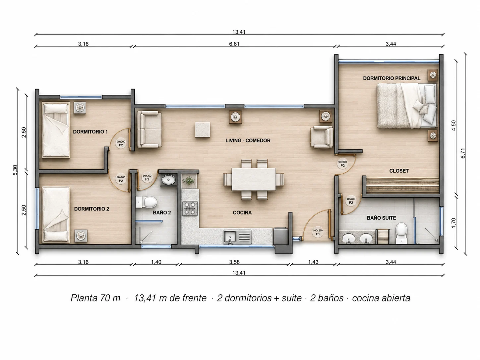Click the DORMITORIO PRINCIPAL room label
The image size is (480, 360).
pyautogui.click(x=391, y=78)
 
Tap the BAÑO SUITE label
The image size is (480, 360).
pyautogui.click(x=381, y=218)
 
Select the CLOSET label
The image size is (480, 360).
pyautogui.click(x=399, y=171)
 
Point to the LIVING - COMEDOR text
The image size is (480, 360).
pyautogui.click(x=248, y=141)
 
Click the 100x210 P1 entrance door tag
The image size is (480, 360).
pyautogui.click(x=318, y=232)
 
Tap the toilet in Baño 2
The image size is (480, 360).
pyautogui.click(x=146, y=202)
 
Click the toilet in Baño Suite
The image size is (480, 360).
pyautogui.click(x=401, y=233)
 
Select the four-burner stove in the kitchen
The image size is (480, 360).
pyautogui.click(x=190, y=209)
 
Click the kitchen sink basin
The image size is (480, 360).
pyautogui.click(x=230, y=237)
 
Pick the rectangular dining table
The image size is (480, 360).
pyautogui.click(x=254, y=179)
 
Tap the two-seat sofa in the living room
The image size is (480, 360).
pyautogui.click(x=150, y=129)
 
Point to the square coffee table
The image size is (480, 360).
pyautogui.click(x=203, y=130)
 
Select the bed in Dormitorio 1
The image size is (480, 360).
pyautogui.click(x=56, y=130)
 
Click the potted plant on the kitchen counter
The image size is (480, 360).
pyautogui.click(x=189, y=181)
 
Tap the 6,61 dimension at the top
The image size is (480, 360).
pyautogui.click(x=234, y=44)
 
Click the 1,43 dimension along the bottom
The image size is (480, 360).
pyautogui.click(x=313, y=262)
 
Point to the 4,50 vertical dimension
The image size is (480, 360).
pyautogui.click(x=453, y=125)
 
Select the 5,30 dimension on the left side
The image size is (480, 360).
pyautogui.click(x=15, y=170)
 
